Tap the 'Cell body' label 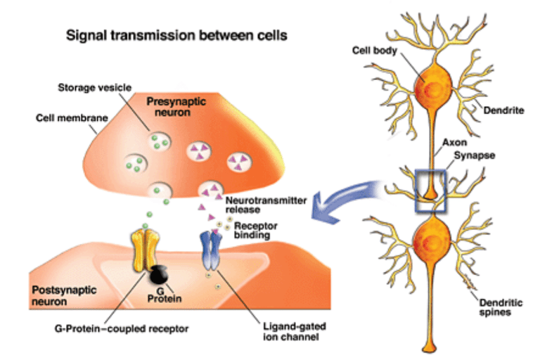coord(369,51)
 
